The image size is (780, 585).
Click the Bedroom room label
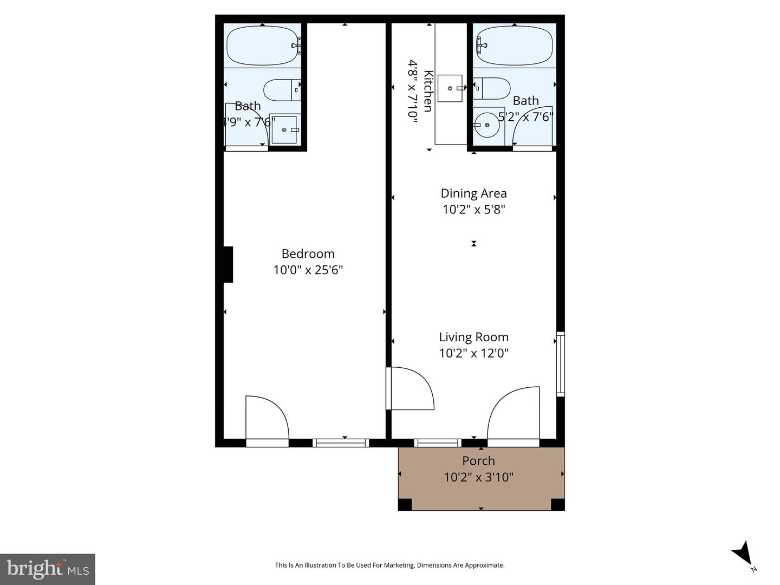[308, 253]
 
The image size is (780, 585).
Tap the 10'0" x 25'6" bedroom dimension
[308, 270]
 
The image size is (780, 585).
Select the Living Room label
[473, 337]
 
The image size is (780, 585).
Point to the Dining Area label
[473, 193]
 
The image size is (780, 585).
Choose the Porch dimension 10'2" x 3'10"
[478, 477]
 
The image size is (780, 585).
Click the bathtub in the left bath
[263, 46]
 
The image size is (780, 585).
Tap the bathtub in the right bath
[514, 46]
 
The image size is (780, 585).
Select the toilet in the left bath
[281, 90]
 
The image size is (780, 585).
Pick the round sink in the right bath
[487, 125]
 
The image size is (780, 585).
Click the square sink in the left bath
[284, 130]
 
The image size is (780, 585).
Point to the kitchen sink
[450, 88]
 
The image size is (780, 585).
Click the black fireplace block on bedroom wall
[228, 264]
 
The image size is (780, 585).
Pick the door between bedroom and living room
[410, 388]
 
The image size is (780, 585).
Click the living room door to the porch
[513, 414]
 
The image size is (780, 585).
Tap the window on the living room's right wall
[560, 363]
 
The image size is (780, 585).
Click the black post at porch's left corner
[405, 504]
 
